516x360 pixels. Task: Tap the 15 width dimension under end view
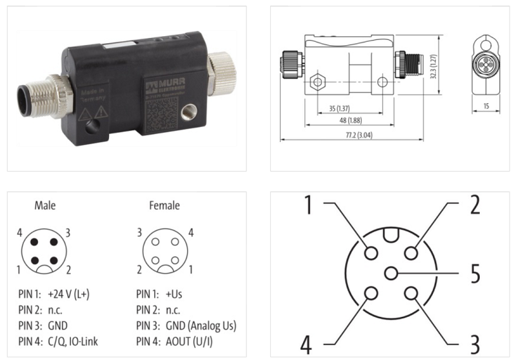point(486,106)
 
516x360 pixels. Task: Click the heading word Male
point(45,206)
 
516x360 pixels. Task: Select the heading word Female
point(164,206)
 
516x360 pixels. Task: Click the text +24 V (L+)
point(68,294)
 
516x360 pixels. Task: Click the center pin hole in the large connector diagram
point(391,273)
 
